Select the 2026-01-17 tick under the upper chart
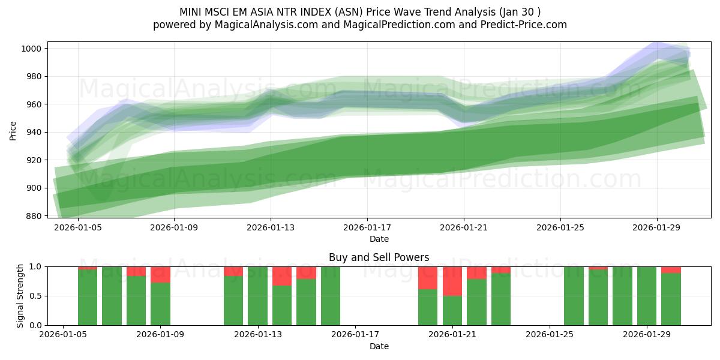click(367, 228)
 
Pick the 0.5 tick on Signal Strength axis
click(35, 296)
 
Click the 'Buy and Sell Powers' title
click(379, 257)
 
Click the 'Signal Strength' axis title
click(20, 296)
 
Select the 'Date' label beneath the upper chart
click(379, 239)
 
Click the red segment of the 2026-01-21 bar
click(452, 281)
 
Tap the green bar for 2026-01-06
click(112, 296)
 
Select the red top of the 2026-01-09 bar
click(160, 274)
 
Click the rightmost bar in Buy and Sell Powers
click(671, 299)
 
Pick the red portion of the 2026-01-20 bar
click(428, 278)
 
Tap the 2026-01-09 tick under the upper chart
click(174, 228)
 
